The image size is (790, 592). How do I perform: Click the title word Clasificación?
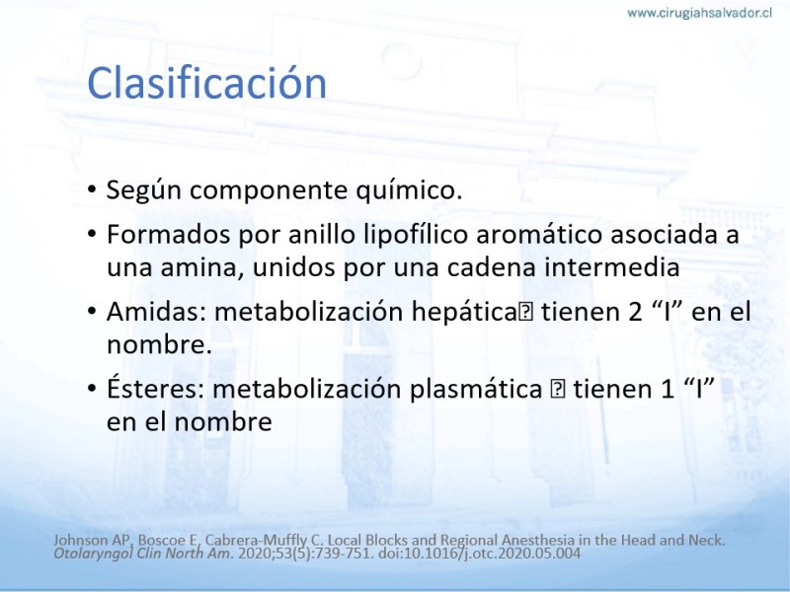pos(207,83)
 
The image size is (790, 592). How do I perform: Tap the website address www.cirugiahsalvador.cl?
pos(699,13)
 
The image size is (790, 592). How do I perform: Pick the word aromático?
pos(538,235)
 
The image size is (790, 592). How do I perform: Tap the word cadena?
pos(492,267)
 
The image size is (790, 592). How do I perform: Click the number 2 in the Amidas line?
pos(635,312)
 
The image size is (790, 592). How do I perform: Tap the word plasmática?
pos(476,389)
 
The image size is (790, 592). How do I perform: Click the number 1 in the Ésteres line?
pos(668,389)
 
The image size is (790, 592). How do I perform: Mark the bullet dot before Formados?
pos(91,234)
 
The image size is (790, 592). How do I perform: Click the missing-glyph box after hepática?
pos(525,313)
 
